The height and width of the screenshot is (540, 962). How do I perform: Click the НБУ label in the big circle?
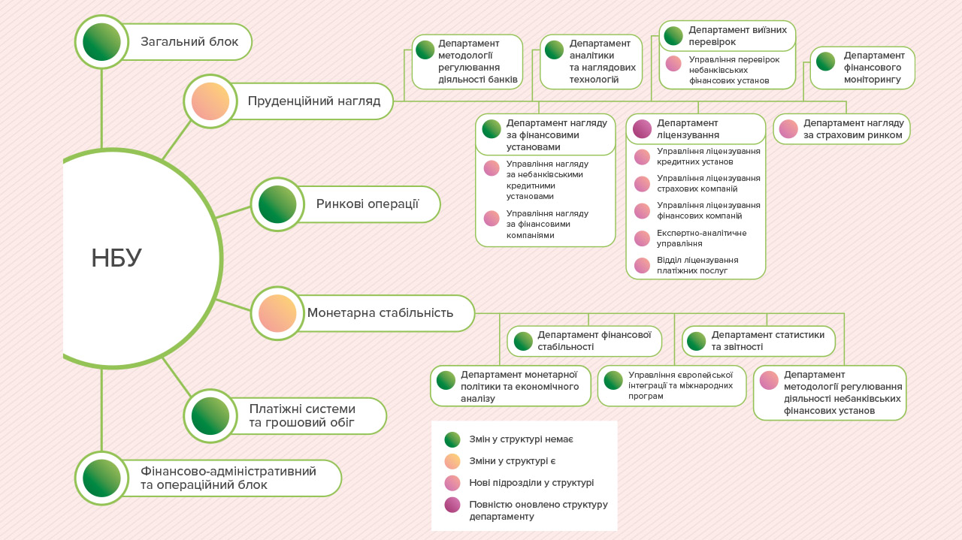(x=116, y=258)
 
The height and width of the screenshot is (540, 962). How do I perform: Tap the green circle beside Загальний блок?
(x=101, y=42)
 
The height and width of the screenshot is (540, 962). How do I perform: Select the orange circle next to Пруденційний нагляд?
(x=210, y=101)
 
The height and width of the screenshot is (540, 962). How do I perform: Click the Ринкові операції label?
(x=367, y=204)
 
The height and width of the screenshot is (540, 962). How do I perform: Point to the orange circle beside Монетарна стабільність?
(x=277, y=313)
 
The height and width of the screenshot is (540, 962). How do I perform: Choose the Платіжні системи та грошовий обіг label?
(x=302, y=416)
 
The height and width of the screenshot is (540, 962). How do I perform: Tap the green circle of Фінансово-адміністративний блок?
(x=101, y=478)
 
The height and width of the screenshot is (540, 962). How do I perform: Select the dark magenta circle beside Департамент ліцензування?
(x=642, y=128)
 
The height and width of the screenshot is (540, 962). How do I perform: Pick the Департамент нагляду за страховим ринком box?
(x=842, y=128)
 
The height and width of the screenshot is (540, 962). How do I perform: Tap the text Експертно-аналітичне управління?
(x=701, y=238)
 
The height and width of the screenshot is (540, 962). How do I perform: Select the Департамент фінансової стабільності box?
(x=585, y=341)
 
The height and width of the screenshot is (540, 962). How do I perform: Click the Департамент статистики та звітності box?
(x=758, y=341)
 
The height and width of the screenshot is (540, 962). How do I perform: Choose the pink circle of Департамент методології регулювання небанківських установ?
(x=769, y=380)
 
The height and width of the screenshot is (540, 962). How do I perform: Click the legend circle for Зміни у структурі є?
(x=452, y=461)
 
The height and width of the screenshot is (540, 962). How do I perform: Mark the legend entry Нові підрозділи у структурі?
(x=531, y=483)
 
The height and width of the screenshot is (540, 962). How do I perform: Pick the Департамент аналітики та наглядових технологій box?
(x=591, y=62)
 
